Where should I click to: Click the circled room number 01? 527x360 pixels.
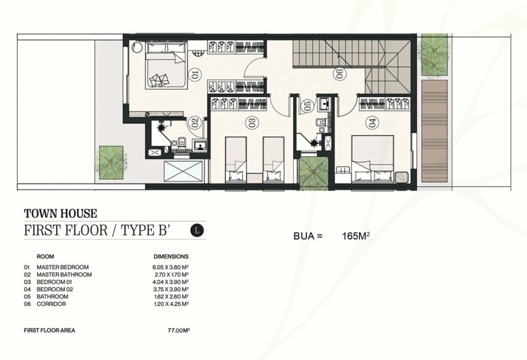click(x=195, y=74)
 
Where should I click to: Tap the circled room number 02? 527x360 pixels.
click(x=193, y=123)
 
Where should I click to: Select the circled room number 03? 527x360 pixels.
click(x=253, y=122)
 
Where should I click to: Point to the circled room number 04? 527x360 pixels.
click(x=372, y=123)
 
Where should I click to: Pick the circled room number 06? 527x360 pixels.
click(x=339, y=74)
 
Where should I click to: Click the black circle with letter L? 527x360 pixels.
click(x=197, y=231)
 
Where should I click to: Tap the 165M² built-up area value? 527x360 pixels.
click(x=356, y=236)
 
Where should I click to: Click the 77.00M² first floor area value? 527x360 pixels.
click(x=179, y=330)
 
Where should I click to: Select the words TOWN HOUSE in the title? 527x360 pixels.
click(x=60, y=214)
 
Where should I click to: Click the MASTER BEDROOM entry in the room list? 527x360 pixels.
click(x=63, y=267)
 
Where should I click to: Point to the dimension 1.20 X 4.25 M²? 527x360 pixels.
click(x=171, y=304)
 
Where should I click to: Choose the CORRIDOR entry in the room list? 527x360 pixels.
click(x=51, y=304)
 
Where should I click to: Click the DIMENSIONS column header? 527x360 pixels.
click(x=171, y=257)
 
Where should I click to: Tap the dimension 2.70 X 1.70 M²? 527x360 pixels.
click(x=171, y=274)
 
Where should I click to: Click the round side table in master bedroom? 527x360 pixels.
click(x=137, y=47)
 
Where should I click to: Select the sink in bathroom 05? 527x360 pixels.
click(x=324, y=104)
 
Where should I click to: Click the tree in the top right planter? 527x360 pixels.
click(x=434, y=55)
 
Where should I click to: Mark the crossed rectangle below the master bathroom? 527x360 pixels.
click(x=183, y=172)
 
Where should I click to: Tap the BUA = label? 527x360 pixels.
click(x=308, y=236)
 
